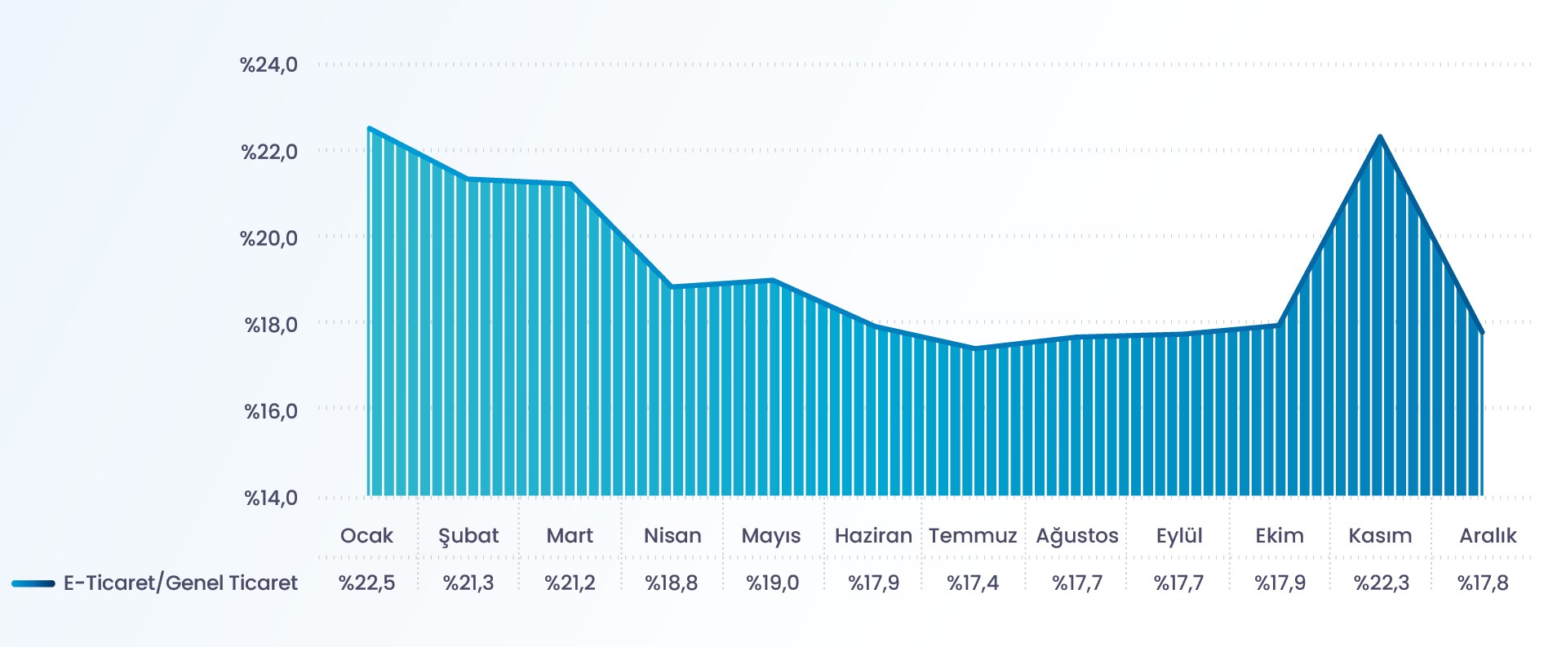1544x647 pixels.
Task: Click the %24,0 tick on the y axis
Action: [x=268, y=64]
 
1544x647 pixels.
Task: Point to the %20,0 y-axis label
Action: [x=268, y=238]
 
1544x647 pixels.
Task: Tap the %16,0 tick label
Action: [x=271, y=411]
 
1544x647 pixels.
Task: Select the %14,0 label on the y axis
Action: [x=271, y=498]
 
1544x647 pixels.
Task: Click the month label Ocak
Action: [x=366, y=536]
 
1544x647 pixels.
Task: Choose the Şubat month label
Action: [x=468, y=536]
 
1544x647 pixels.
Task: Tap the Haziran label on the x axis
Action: [x=873, y=536]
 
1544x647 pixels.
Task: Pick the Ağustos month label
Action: [x=1077, y=536]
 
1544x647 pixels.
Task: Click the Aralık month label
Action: [x=1488, y=536]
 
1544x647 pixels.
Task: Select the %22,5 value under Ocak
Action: [x=366, y=583]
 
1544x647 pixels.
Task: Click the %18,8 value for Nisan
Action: [x=671, y=583]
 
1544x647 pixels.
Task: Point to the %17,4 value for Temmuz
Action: [x=973, y=583]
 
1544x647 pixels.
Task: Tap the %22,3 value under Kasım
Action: [x=1381, y=583]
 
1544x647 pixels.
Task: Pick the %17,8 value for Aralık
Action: [x=1483, y=583]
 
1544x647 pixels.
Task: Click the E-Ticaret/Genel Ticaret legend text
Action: [x=180, y=583]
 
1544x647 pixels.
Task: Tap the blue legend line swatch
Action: [x=33, y=584]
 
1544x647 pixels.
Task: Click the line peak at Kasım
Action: [x=1380, y=137]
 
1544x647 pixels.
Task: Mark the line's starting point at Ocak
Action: [x=370, y=128]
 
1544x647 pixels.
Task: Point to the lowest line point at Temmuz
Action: [x=975, y=348]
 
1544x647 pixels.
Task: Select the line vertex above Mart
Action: [x=570, y=184]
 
